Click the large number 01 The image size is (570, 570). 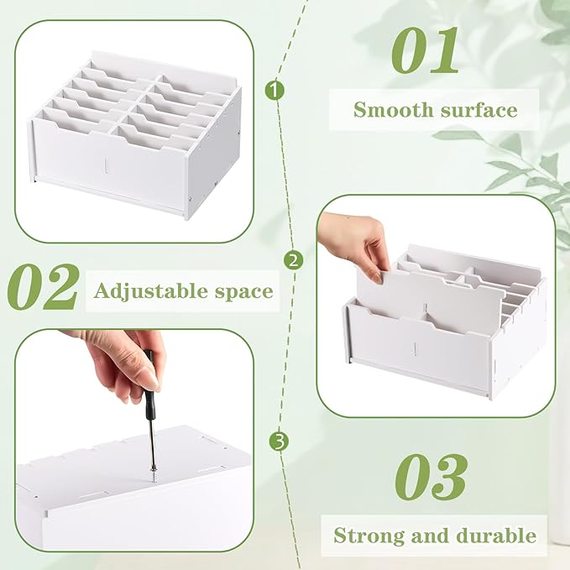(424, 50)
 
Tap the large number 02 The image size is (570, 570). (43, 287)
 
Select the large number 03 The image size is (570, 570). (431, 477)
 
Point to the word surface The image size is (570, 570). (478, 110)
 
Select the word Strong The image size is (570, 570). (369, 536)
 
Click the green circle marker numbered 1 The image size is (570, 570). (275, 90)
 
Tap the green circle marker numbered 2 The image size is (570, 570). (293, 260)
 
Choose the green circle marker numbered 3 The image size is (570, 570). (279, 442)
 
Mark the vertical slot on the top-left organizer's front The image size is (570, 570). (106, 165)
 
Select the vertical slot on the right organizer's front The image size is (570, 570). (415, 348)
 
